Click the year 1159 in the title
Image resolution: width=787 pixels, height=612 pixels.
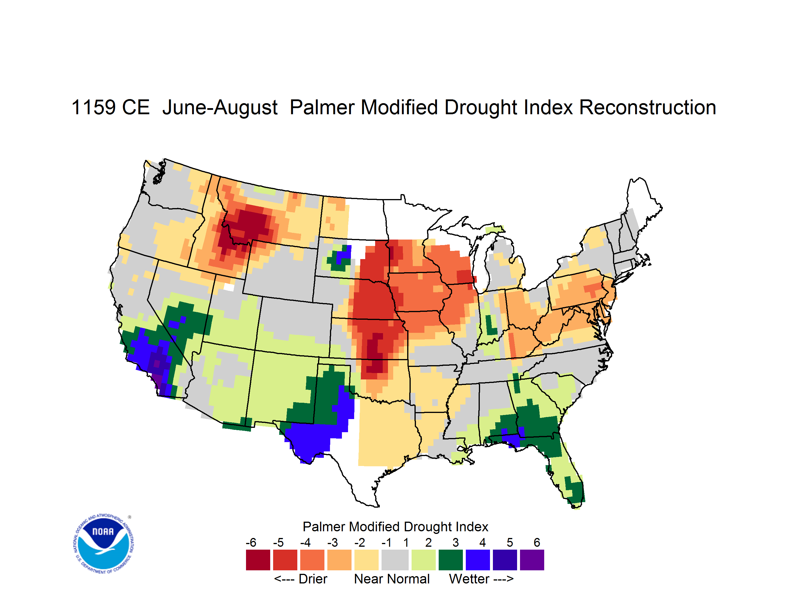[x=94, y=107]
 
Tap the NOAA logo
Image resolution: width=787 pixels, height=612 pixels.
[x=104, y=544]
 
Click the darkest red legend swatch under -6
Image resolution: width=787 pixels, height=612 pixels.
[x=258, y=560]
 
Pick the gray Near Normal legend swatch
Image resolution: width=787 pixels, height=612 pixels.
[x=395, y=560]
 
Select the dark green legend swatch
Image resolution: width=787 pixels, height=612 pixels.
[x=450, y=560]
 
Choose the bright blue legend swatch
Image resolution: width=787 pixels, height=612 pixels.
[x=478, y=560]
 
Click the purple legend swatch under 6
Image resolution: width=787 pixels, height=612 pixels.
[x=532, y=560]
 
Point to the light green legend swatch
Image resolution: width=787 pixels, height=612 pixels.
[x=424, y=560]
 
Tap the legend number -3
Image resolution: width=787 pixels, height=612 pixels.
[x=333, y=542]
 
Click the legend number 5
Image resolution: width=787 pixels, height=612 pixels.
[x=510, y=542]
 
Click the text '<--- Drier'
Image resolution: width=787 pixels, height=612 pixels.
[x=301, y=579]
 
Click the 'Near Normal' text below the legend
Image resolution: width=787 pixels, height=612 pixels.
[x=392, y=579]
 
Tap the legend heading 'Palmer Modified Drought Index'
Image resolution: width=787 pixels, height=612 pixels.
[x=395, y=527]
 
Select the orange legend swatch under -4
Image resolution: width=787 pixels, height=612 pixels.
[x=312, y=560]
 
